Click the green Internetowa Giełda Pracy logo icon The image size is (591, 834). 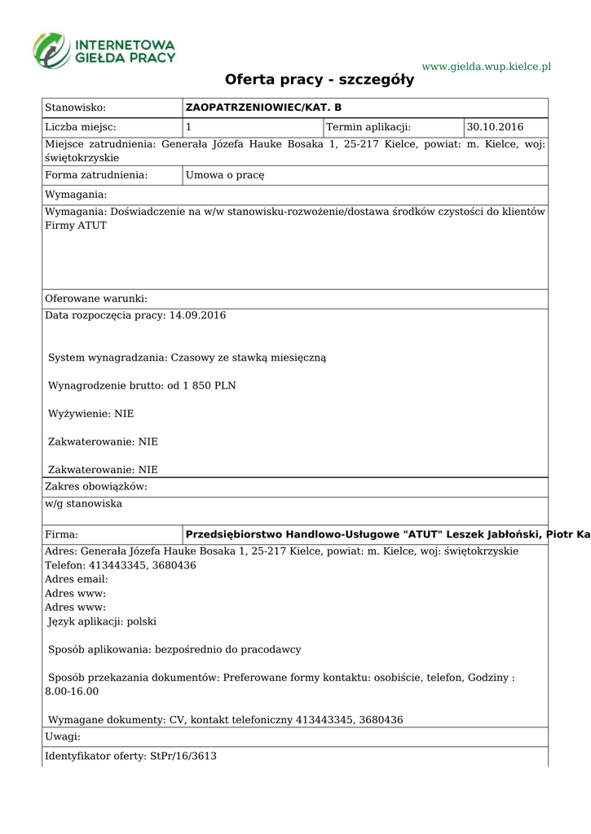point(51,50)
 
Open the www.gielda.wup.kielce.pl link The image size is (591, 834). point(486,66)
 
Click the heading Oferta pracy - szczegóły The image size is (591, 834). point(320,80)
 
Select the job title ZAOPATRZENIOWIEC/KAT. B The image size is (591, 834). point(263,108)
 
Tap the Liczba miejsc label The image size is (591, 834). point(81,127)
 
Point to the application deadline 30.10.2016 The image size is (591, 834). point(495,127)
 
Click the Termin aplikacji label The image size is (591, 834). point(368,127)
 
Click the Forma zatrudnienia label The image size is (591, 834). point(96,175)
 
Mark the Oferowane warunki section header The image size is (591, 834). point(96,299)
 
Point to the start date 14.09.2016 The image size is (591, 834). point(197,315)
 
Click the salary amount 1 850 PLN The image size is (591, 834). point(209,385)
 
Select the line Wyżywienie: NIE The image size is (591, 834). point(91,414)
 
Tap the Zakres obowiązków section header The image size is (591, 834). point(96,486)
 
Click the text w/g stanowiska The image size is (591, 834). point(84,504)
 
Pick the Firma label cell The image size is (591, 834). point(62,534)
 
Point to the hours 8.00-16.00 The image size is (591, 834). point(72,691)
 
